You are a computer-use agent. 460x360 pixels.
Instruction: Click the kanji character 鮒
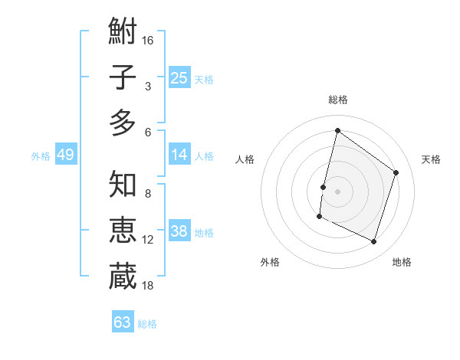click(123, 32)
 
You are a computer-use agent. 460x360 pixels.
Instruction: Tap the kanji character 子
click(123, 77)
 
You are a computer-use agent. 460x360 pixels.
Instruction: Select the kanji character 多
click(123, 123)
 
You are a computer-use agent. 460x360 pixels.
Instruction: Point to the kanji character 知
click(123, 185)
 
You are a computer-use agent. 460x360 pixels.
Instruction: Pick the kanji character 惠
click(123, 231)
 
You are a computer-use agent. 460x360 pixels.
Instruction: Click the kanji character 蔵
click(123, 276)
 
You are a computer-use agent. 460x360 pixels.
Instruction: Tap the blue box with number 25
click(179, 77)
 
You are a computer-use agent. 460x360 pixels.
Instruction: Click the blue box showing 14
click(179, 155)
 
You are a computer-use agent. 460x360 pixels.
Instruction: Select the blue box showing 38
click(179, 232)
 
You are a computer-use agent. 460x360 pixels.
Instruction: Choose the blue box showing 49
click(65, 155)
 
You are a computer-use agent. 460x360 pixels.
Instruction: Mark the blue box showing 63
click(123, 322)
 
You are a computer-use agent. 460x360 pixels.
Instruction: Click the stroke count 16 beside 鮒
click(149, 40)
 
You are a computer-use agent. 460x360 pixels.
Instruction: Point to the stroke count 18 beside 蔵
click(149, 285)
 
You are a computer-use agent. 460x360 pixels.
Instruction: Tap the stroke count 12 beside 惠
click(148, 240)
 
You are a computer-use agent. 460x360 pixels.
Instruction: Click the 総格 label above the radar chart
click(337, 100)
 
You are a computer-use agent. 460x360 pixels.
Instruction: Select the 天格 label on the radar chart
click(431, 159)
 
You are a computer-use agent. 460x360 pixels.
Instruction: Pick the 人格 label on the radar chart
click(245, 159)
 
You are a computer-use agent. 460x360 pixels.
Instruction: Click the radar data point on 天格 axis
click(396, 172)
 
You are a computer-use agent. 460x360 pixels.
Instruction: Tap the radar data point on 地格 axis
click(374, 242)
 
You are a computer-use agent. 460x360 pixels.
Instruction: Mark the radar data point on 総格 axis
click(337, 130)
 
